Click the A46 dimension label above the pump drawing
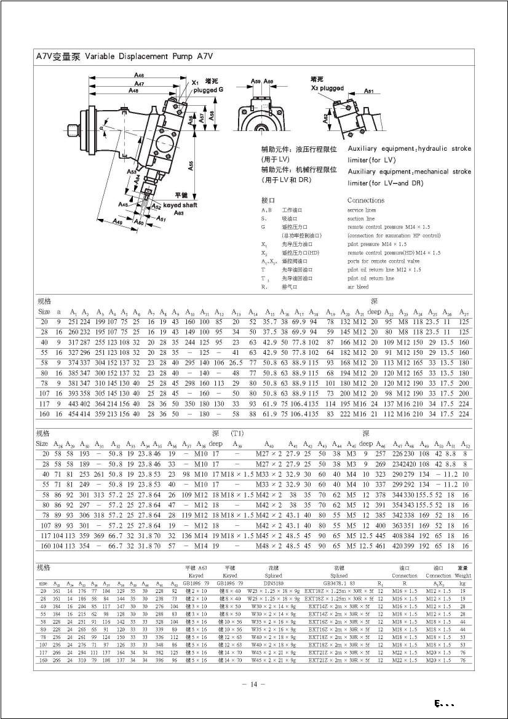[139, 75]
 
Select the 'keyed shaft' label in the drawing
[176, 205]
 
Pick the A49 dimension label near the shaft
[116, 222]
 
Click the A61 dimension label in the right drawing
[368, 91]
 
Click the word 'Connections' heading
[365, 200]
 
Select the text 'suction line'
[361, 218]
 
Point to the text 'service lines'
[362, 210]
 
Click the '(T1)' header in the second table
[237, 434]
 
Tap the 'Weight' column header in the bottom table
[463, 576]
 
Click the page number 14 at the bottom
[253, 683]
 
